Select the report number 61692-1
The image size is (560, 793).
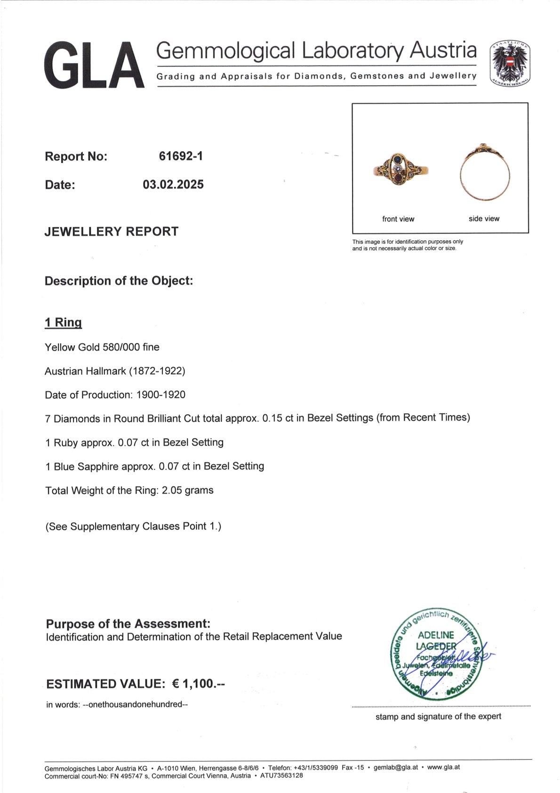coord(181,156)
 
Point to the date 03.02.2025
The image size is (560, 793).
coord(173,184)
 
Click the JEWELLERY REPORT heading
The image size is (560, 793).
coord(112,231)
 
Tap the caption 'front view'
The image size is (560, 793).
coord(398,219)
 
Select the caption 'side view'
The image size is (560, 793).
coord(484,219)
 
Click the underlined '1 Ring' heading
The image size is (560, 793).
coord(63,323)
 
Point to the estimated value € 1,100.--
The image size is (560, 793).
coord(199,684)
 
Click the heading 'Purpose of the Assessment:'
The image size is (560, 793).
coord(128,624)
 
